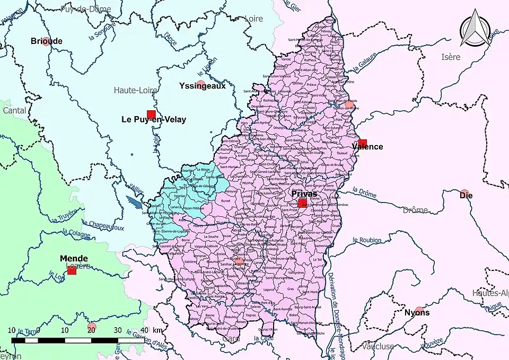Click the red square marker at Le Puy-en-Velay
(151, 115)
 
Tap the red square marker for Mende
(72, 270)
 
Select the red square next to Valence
(363, 143)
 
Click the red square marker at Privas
(303, 204)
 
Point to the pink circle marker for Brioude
(46, 41)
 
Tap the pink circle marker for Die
(464, 194)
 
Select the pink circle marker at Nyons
(419, 310)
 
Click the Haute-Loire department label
(135, 91)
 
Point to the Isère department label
(451, 57)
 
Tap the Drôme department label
(415, 210)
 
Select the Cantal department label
(14, 110)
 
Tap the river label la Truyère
(64, 215)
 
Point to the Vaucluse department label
(378, 346)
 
